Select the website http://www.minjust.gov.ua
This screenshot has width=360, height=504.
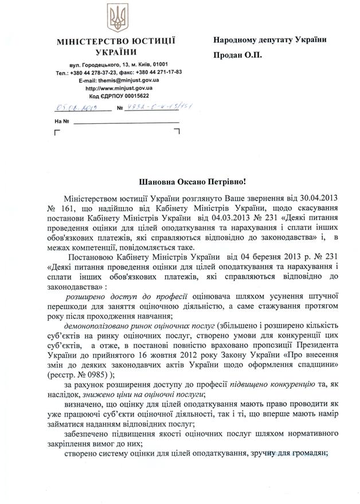click(119, 88)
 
